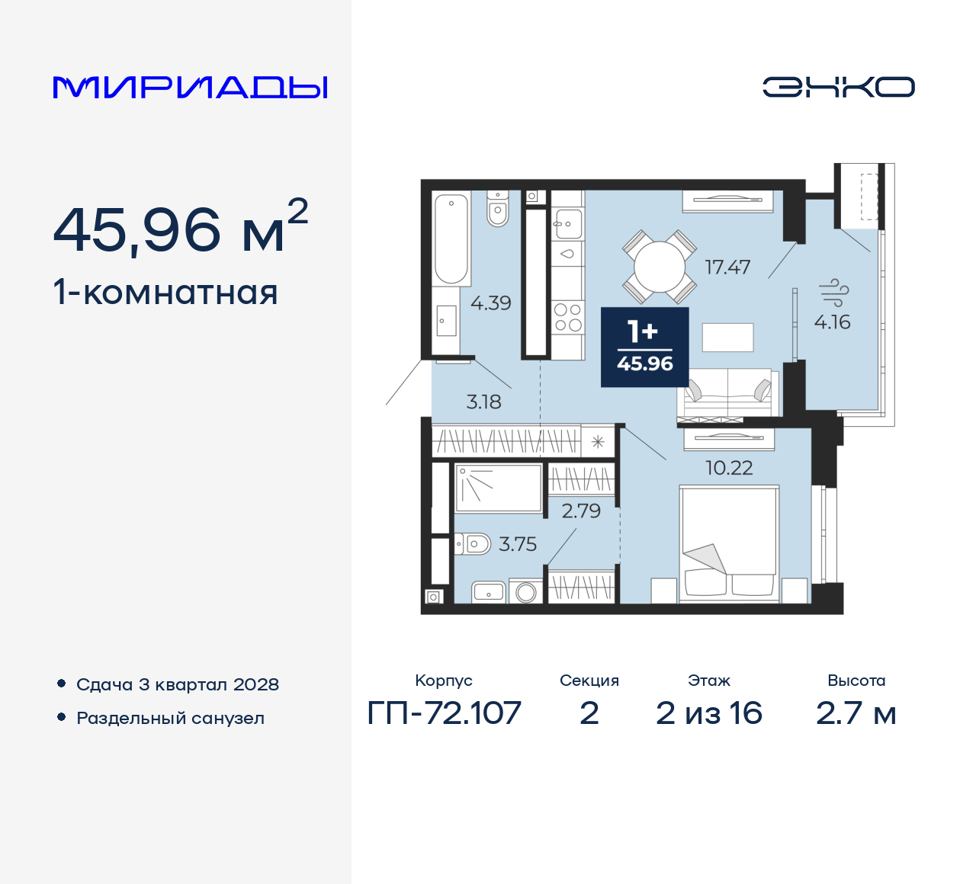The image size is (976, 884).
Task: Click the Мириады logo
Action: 191,88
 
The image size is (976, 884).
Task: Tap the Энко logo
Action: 838,87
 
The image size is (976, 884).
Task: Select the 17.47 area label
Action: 727,267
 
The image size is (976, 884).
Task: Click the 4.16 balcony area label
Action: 832,322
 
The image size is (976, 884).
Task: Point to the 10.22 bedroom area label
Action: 729,468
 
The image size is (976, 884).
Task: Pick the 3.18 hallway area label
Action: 483,402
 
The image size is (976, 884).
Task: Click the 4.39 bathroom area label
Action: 490,303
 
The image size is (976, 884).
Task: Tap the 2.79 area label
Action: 581,511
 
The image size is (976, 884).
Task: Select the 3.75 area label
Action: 518,544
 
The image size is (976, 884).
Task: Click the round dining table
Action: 660,267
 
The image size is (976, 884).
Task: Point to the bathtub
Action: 451,238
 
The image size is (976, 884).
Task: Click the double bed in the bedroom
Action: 728,543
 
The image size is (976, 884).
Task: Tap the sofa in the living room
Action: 727,393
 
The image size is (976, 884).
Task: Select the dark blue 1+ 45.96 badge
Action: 645,348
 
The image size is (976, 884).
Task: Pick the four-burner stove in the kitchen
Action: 567,318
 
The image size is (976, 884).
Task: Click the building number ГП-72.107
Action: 444,713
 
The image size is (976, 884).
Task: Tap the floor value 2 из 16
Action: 708,713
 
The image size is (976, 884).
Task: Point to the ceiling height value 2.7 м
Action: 856,713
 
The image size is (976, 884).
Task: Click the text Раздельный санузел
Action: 170,718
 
